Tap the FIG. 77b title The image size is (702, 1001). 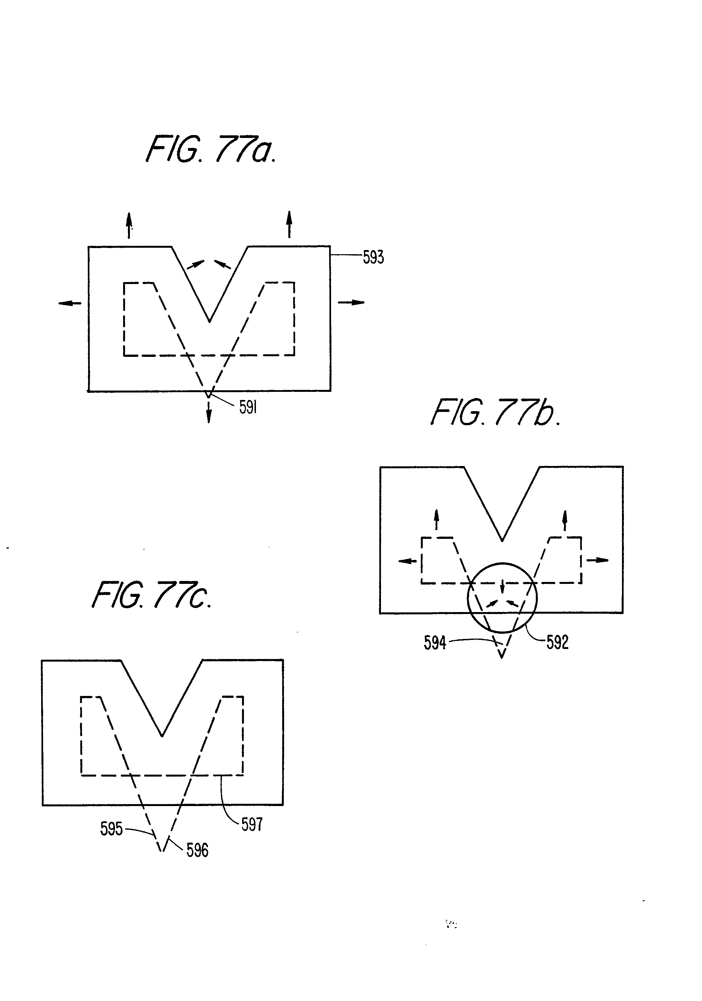click(495, 413)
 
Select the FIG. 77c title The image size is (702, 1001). click(152, 596)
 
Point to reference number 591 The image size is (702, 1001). click(248, 408)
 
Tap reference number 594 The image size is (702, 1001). click(435, 643)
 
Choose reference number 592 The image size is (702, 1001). click(557, 642)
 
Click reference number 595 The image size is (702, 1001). click(111, 829)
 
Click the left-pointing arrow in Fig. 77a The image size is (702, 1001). click(70, 303)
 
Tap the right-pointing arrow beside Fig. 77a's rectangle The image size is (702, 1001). click(351, 302)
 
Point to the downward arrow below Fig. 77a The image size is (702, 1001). click(209, 412)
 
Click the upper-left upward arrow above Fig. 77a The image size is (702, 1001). click(129, 225)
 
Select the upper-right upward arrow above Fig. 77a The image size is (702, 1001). click(289, 224)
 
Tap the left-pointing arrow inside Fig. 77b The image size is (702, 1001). click(408, 561)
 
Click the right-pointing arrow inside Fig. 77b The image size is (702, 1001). click(597, 560)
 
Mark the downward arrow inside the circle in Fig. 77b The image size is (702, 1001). click(502, 586)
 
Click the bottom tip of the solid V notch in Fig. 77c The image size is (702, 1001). click(162, 736)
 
